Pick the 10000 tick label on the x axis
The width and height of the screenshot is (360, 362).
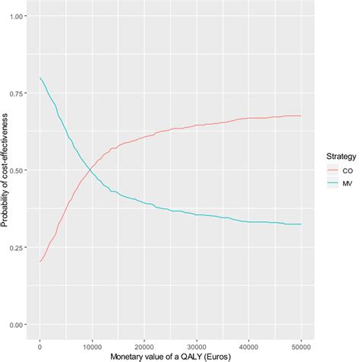(x=92, y=342)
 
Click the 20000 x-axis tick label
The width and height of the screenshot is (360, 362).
(x=144, y=342)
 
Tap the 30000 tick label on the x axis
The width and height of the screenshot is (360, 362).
(x=197, y=342)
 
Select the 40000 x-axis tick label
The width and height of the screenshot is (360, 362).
(x=249, y=342)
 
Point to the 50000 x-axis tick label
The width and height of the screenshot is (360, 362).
(x=302, y=342)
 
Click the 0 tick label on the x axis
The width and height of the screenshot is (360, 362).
(x=40, y=342)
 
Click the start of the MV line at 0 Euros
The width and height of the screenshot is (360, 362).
(x=40, y=78)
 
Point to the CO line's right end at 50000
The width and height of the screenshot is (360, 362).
(x=302, y=116)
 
